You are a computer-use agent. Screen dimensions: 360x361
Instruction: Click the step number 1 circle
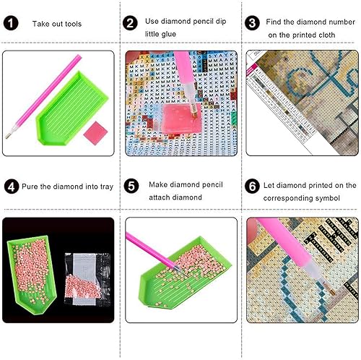(x=11, y=24)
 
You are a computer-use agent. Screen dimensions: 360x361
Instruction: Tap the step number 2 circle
(x=131, y=24)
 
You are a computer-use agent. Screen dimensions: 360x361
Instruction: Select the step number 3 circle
(x=252, y=24)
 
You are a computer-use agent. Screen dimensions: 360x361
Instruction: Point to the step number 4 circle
(x=11, y=187)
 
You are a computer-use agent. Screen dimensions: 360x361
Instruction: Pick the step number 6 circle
(x=252, y=187)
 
